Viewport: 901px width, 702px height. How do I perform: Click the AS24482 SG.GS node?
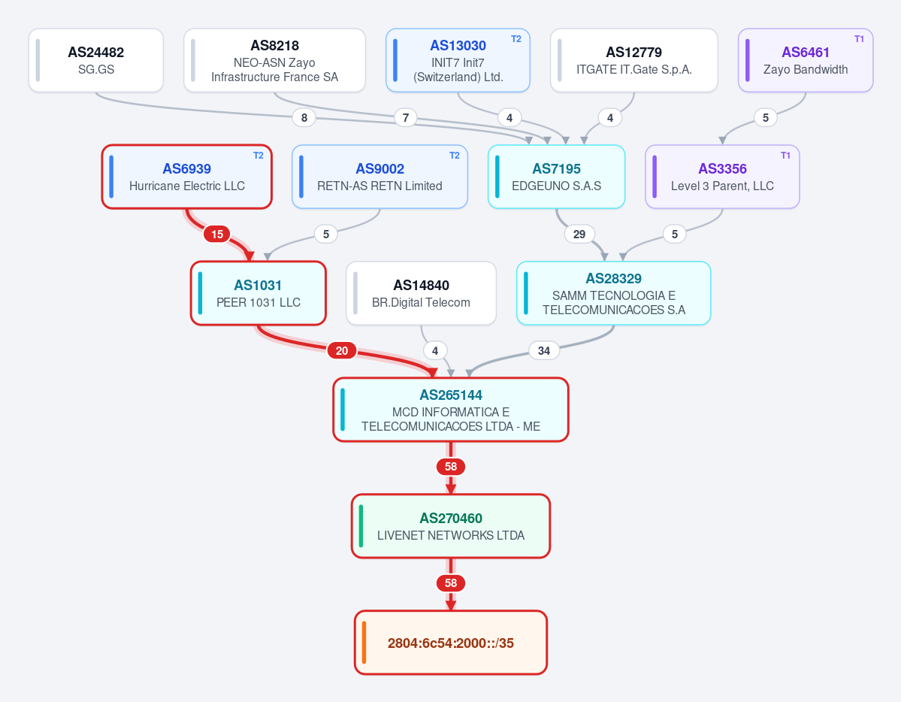click(96, 60)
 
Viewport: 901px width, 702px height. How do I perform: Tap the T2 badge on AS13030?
click(516, 39)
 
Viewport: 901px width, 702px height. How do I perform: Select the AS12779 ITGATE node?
click(633, 60)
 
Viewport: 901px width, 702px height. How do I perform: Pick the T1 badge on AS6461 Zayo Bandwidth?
click(859, 39)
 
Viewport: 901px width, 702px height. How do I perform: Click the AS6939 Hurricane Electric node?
click(187, 177)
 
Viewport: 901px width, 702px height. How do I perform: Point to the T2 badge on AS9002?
click(455, 156)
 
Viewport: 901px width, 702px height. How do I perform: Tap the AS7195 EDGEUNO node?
click(556, 177)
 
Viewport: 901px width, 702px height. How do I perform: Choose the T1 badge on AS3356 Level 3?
click(785, 156)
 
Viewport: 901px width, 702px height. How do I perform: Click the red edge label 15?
click(217, 234)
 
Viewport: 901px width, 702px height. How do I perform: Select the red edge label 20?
click(342, 351)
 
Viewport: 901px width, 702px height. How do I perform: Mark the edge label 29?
click(579, 234)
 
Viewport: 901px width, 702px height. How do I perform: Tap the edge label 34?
click(543, 351)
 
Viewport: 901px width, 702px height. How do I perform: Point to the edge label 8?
click(304, 118)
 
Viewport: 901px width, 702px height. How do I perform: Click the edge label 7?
click(406, 118)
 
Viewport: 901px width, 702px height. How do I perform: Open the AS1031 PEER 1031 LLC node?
click(259, 293)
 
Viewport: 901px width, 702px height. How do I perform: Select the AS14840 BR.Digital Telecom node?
click(422, 293)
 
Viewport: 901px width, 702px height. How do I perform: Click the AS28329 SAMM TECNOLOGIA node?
click(614, 293)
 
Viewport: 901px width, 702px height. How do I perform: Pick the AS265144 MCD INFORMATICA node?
click(451, 410)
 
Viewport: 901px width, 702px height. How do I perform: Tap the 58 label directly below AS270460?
click(451, 583)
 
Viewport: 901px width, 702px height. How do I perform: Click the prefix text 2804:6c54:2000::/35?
click(451, 643)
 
